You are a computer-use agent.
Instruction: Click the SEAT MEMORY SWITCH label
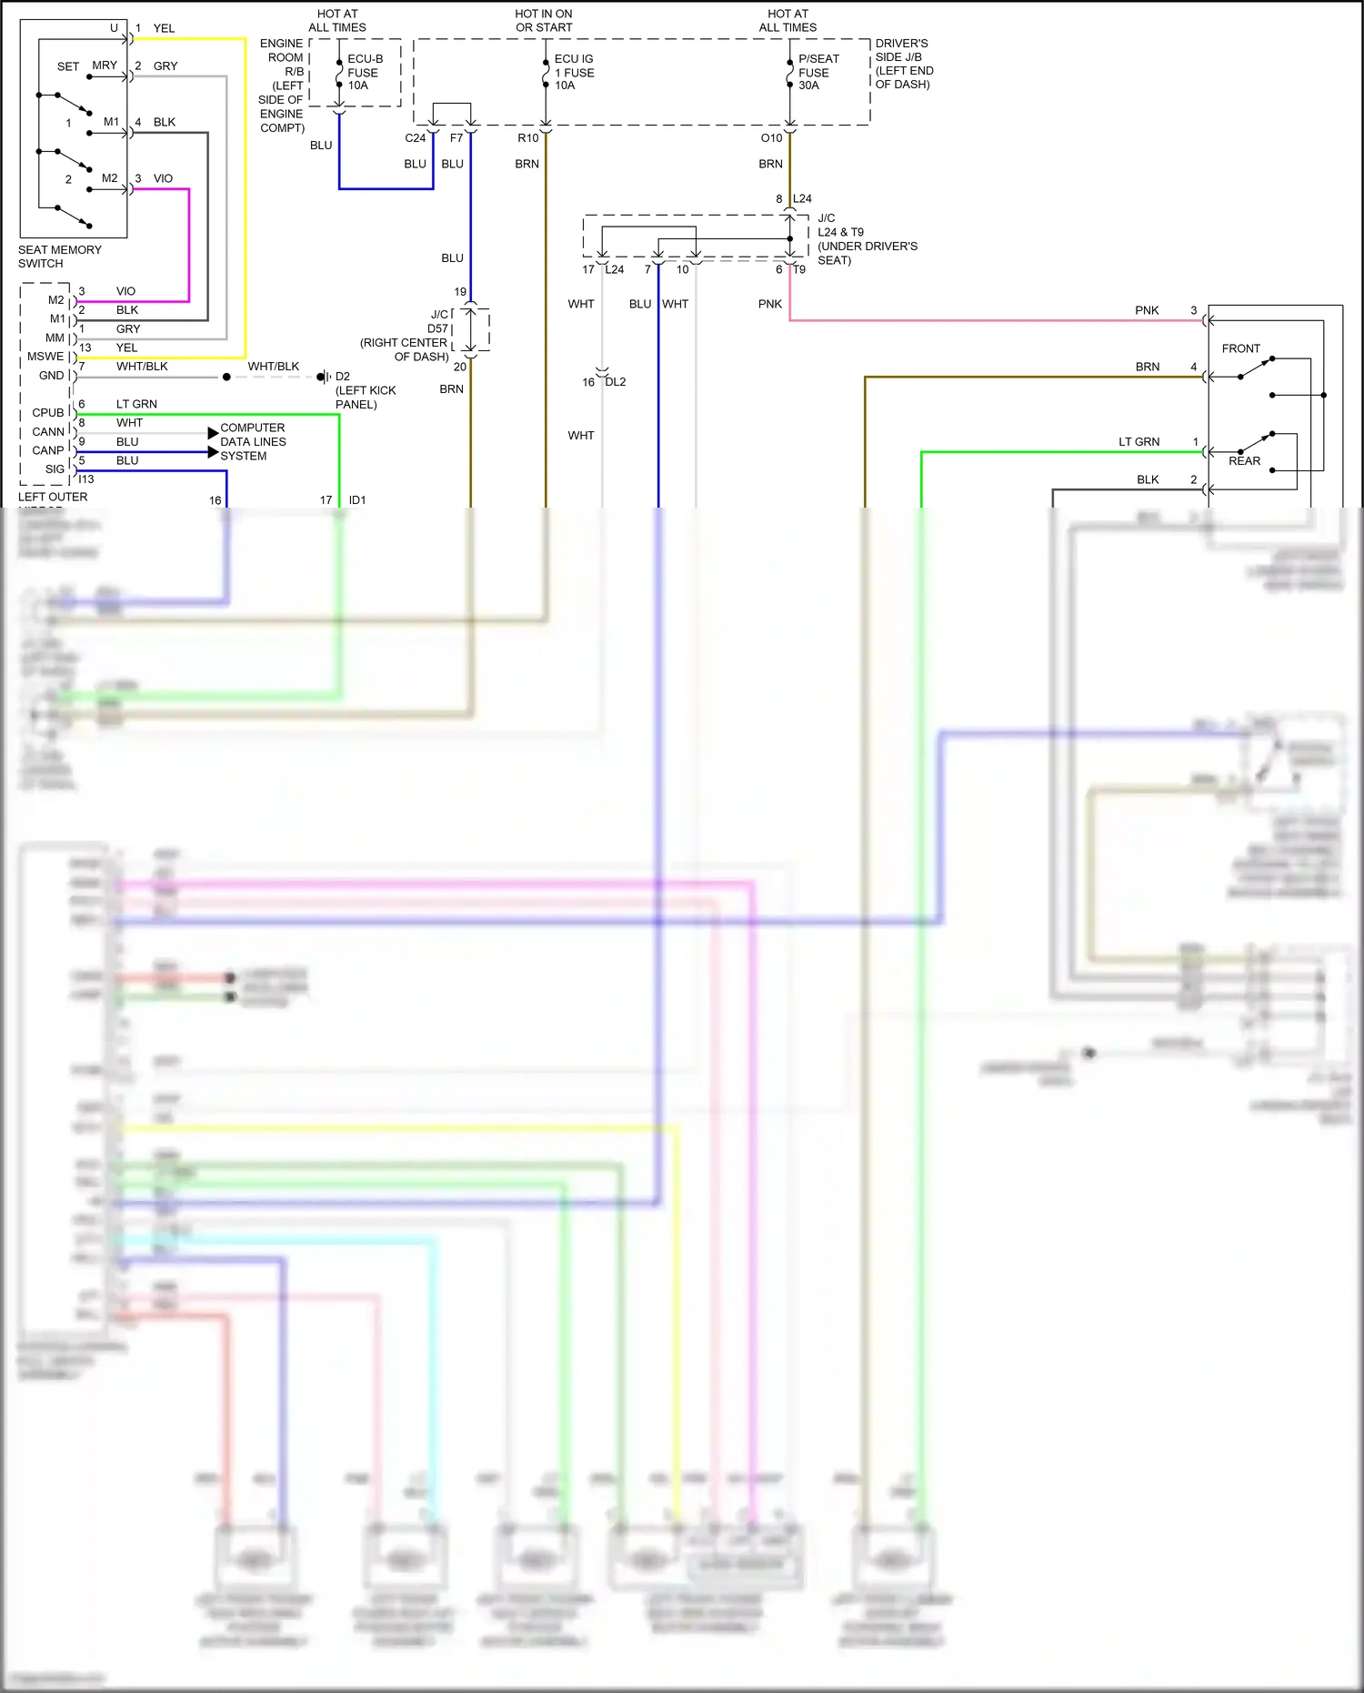59,257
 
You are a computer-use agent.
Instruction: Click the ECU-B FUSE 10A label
364,72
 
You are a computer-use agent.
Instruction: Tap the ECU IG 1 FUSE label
574,72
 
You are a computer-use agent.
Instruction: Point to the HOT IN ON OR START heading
544,20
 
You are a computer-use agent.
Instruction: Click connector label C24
415,138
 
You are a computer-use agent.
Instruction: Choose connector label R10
527,138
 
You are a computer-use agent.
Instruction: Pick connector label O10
771,138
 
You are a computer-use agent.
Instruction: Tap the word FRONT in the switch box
1240,348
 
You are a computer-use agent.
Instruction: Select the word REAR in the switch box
1244,461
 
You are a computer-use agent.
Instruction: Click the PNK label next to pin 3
1147,310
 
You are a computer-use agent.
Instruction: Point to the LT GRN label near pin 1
1138,442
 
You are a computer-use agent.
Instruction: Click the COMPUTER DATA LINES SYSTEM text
253,441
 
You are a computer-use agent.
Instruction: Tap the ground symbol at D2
323,377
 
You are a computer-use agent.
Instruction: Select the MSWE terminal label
45,357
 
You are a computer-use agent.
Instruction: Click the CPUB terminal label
48,413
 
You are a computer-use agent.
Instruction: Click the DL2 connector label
616,382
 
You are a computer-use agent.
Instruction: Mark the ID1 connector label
357,500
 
